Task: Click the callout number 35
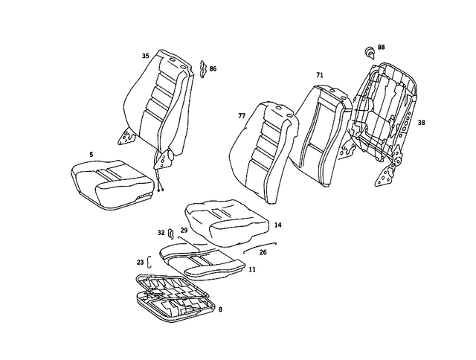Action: click(x=146, y=56)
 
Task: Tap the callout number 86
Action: click(x=213, y=68)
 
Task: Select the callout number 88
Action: click(x=382, y=48)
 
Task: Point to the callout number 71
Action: click(x=320, y=76)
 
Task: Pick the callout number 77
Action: click(x=241, y=117)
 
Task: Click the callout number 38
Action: click(x=422, y=123)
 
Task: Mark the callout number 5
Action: click(x=91, y=155)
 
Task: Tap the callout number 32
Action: click(x=161, y=233)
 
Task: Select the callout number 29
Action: click(x=184, y=231)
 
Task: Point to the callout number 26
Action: click(x=263, y=252)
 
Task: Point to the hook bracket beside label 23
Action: click(x=149, y=261)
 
